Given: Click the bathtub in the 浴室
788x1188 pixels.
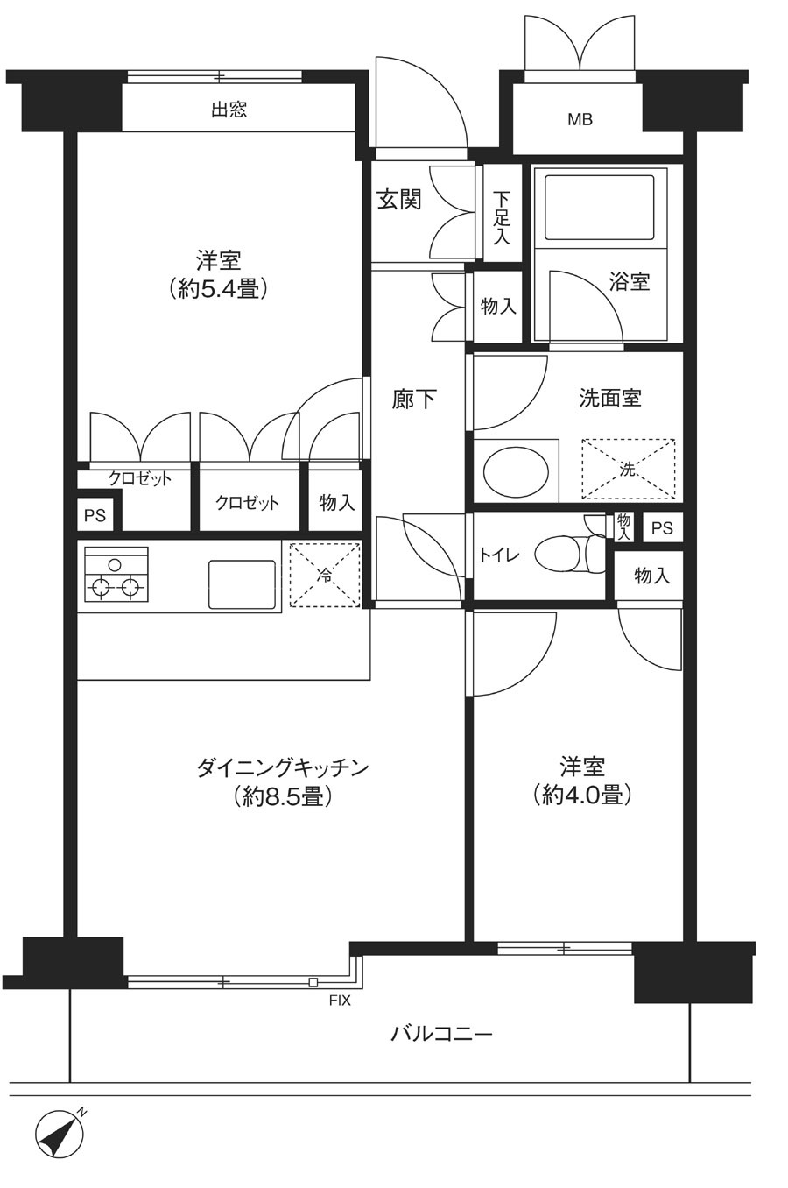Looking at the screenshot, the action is point(599,208).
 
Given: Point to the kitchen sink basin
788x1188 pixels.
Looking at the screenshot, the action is point(243,584).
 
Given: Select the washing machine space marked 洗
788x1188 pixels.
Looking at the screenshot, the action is point(629,469).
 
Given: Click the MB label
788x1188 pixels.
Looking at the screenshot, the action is point(580,120).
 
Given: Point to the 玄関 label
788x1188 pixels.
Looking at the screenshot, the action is point(399,200).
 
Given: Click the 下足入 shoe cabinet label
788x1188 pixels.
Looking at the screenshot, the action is point(501,218).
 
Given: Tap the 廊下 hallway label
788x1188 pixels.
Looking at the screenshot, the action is point(414,400).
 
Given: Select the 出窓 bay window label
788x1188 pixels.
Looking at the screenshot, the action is point(229,110).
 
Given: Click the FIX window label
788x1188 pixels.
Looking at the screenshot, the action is point(340,1001).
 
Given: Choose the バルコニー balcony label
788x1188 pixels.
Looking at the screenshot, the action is point(441,1034).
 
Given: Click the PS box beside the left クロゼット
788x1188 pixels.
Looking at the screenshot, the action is point(95,514).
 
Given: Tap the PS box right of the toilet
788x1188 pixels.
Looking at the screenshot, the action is point(662,527).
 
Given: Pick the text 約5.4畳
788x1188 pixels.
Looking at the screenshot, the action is point(218,290).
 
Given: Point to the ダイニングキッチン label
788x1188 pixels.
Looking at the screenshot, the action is point(283,767).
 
